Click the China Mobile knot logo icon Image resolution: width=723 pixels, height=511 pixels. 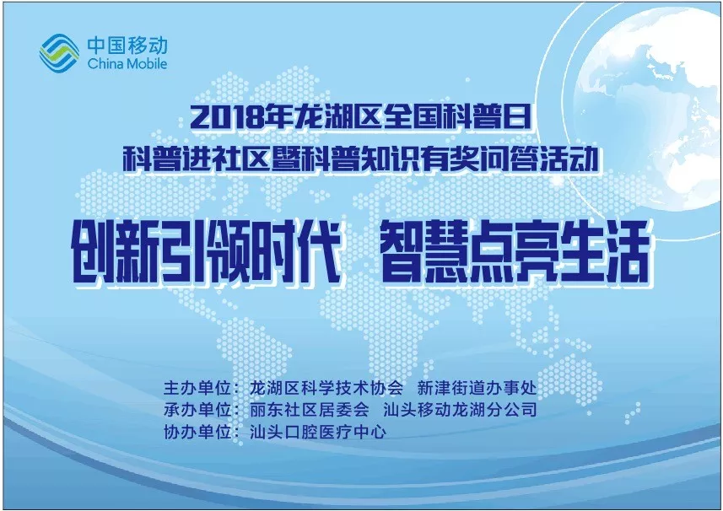pos(59,53)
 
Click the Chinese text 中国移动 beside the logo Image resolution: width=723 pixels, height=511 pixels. pos(127,46)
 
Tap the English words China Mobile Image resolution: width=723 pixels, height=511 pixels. pos(127,63)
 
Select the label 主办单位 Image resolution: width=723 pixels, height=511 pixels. pos(197,388)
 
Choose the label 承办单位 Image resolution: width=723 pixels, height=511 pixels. pos(197,410)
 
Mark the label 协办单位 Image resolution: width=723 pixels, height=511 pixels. pos(197,433)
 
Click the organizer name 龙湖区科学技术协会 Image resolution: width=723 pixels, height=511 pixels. pos(326,388)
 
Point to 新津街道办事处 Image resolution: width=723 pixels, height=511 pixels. pos(478,388)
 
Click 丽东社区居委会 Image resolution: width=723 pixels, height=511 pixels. pos(310,410)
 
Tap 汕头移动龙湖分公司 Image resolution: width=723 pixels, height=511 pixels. pos(460,410)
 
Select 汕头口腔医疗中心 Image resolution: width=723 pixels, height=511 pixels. pos(318,433)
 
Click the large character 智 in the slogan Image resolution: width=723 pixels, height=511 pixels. pos(402,251)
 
